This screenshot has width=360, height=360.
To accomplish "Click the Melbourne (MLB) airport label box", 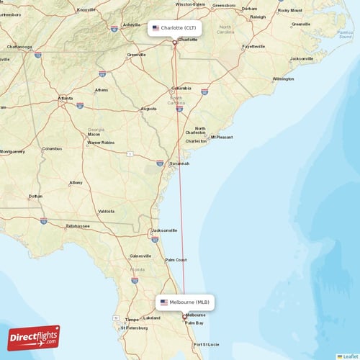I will [185, 302].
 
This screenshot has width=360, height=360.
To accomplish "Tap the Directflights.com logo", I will [34, 337].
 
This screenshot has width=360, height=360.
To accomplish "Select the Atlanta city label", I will [66, 98].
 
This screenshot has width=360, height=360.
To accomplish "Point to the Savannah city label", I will [179, 163].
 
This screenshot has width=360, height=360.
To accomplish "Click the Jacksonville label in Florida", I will [164, 230].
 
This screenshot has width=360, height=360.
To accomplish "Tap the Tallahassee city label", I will [78, 225].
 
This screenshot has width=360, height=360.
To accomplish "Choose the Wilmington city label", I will [283, 78].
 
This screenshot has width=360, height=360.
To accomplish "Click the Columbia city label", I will [181, 88].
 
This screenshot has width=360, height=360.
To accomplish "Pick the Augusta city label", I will [148, 109].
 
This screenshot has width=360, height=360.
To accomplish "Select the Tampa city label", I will [131, 319].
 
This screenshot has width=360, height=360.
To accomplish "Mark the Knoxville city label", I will [86, 9].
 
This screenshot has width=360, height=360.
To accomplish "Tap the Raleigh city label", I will [249, 17].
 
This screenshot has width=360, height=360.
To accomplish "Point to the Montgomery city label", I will [12, 152].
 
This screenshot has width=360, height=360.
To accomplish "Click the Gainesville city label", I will [140, 256].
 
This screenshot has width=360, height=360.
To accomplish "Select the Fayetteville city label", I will [253, 46].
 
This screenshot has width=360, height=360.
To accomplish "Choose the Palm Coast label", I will [176, 260].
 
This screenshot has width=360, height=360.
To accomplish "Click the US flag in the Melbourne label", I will [163, 302].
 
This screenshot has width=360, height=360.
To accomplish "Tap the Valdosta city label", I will [106, 211].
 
